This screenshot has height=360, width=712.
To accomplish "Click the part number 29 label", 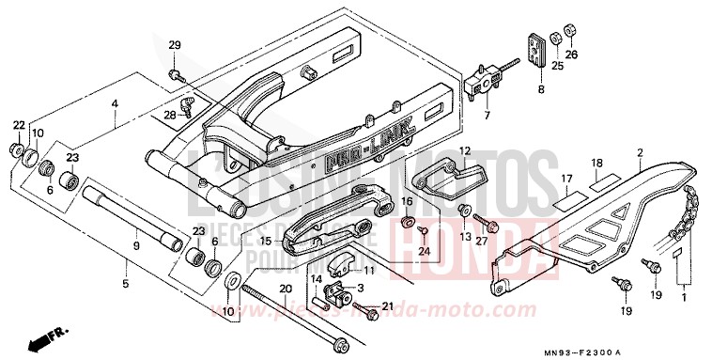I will pos(174,46).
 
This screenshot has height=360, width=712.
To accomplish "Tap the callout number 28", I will pos(170,115).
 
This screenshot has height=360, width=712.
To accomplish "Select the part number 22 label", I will pos(19,125).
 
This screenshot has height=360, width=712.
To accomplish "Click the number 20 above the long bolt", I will pos(286,289).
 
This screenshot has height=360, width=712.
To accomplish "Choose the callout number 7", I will pos(487,117).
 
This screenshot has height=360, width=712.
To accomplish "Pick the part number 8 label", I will pos(540,90).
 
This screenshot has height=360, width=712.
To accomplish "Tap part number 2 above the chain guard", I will pos(639,151).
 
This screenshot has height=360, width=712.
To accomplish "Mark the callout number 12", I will pos(464,150).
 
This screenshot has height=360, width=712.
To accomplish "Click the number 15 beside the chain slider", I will pos(266,242).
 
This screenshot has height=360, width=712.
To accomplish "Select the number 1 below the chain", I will pos(684,298).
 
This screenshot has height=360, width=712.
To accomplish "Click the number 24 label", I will pos(424,251).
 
